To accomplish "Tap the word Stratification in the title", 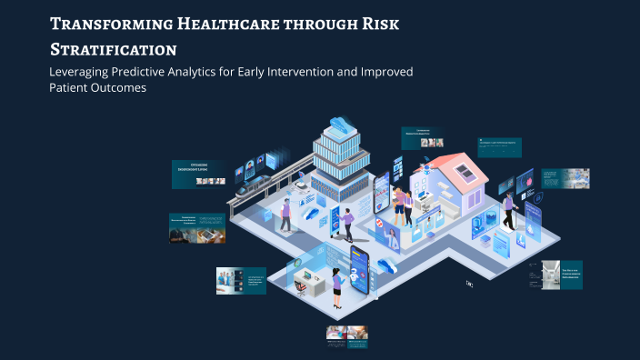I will pos(114,48).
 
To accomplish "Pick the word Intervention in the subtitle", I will pos(314,71).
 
